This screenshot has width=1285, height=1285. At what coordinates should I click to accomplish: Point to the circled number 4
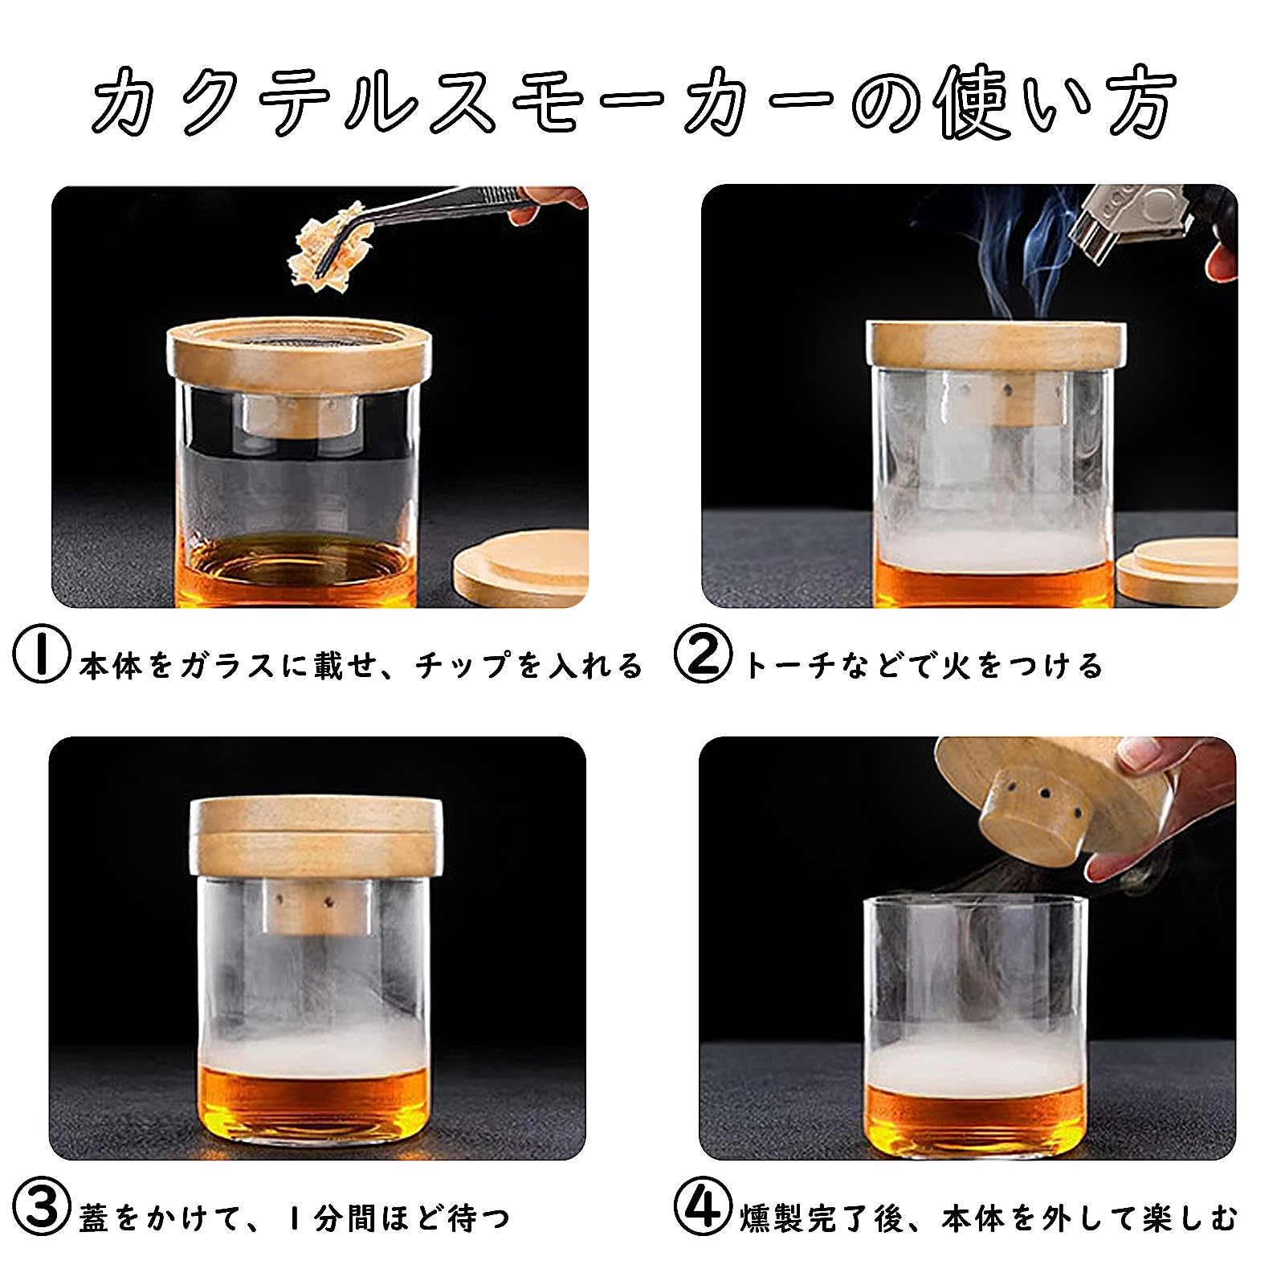click(x=703, y=1217)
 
